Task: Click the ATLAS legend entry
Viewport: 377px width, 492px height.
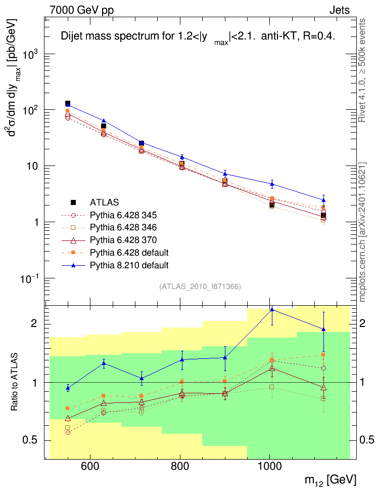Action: (x=104, y=203)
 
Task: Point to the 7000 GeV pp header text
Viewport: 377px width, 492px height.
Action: (x=82, y=10)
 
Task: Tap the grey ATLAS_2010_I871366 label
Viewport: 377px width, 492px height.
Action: (x=200, y=286)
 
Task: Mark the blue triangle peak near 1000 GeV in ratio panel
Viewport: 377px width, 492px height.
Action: (x=272, y=309)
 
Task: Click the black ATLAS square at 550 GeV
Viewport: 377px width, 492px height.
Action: (x=68, y=104)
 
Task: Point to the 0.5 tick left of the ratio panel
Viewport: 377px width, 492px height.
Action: (x=33, y=440)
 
